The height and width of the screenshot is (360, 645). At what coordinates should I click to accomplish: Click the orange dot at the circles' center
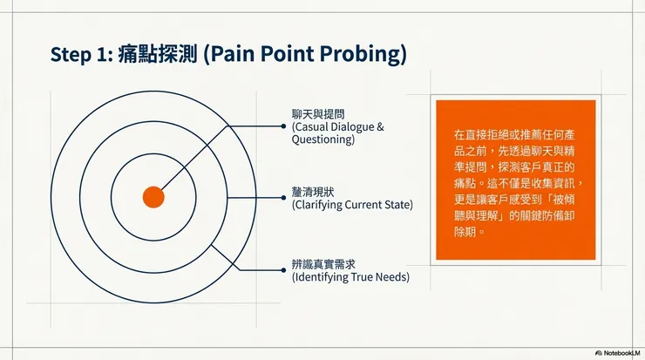(153, 197)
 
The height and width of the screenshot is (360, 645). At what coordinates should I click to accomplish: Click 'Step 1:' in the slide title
(78, 55)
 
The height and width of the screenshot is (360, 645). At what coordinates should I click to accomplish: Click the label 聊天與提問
(318, 113)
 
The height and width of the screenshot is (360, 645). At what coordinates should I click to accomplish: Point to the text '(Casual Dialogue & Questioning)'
(337, 132)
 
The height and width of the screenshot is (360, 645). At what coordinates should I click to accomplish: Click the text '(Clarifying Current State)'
(351, 205)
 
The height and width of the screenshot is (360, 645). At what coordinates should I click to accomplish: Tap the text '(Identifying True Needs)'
(350, 277)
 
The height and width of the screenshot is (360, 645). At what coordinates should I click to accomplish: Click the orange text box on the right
(514, 179)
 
